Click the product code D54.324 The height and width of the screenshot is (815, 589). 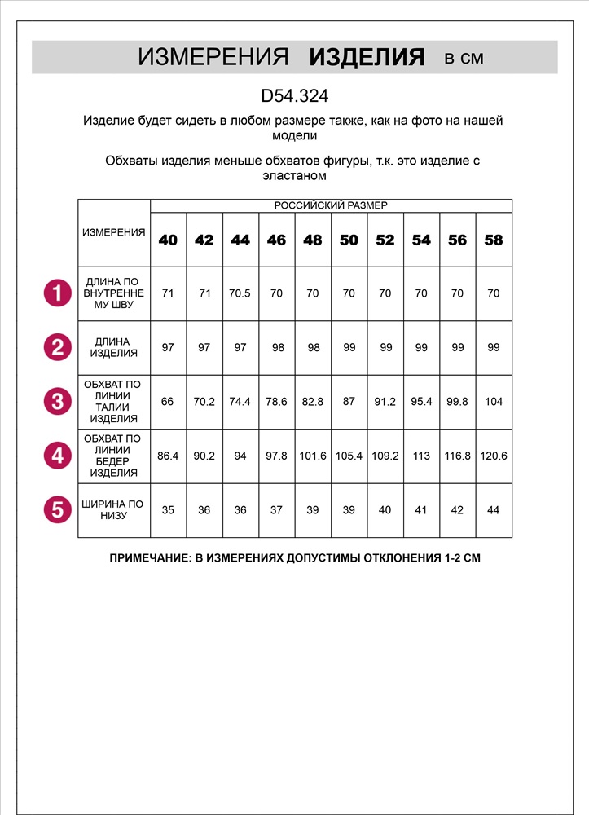(x=294, y=96)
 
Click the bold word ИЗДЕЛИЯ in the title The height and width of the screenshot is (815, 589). (x=367, y=57)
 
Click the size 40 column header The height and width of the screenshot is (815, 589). (x=168, y=240)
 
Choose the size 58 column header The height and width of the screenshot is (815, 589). (x=493, y=240)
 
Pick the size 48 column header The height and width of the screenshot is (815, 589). (x=312, y=240)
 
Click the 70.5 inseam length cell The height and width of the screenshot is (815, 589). (x=240, y=293)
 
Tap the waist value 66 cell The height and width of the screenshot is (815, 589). (x=168, y=402)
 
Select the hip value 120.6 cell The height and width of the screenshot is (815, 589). (x=493, y=456)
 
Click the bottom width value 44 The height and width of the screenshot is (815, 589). (x=493, y=510)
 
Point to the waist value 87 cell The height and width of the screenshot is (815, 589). (x=349, y=402)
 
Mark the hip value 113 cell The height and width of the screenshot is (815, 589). (x=421, y=456)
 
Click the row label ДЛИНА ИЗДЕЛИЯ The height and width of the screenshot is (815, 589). (x=114, y=347)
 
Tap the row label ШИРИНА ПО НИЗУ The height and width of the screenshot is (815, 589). (x=114, y=510)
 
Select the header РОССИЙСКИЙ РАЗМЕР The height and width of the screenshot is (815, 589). (x=331, y=205)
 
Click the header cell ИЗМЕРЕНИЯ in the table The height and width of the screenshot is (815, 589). (x=114, y=232)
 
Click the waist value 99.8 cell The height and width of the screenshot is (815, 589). (x=457, y=402)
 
